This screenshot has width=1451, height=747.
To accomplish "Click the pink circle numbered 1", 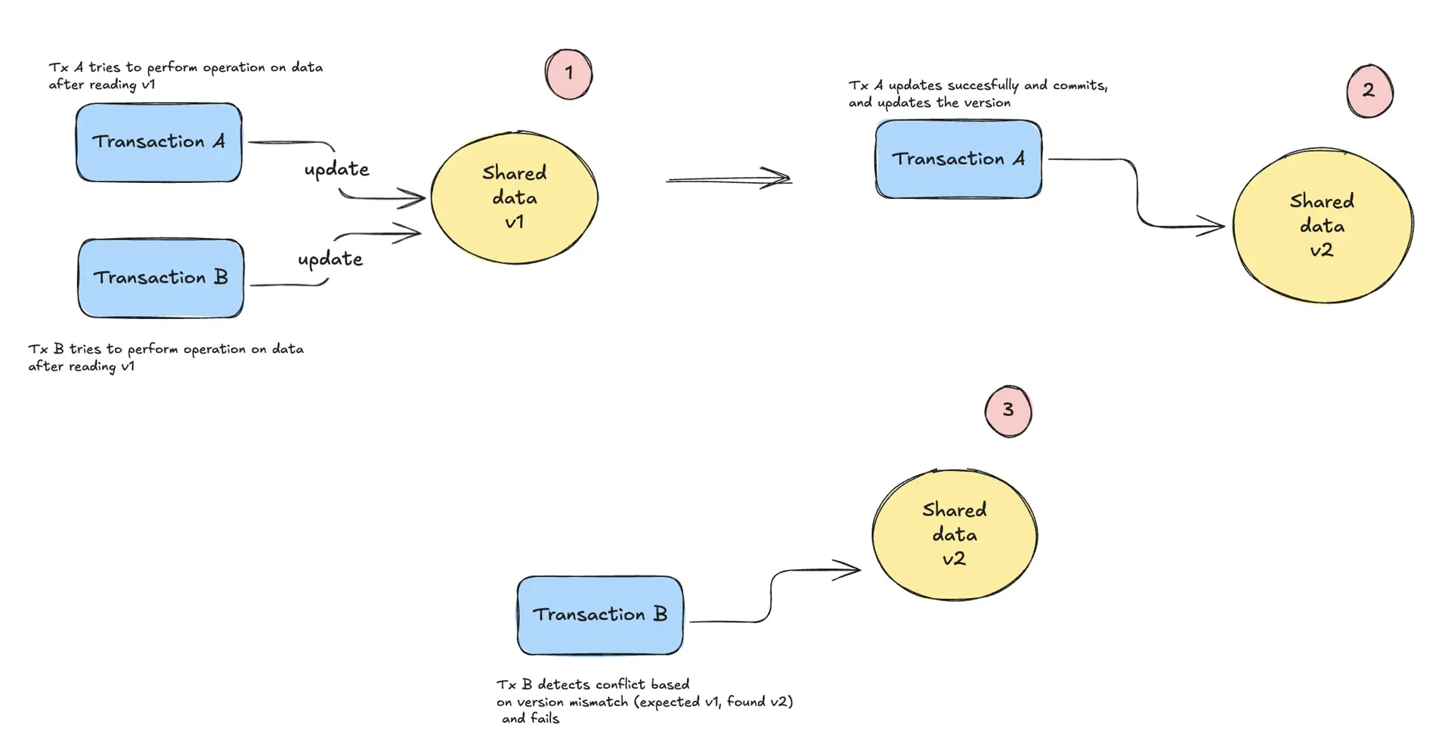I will [568, 74].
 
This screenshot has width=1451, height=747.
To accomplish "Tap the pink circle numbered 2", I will [1369, 91].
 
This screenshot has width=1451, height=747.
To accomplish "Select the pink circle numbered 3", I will [1008, 411].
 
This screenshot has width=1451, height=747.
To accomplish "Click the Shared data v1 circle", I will [515, 198].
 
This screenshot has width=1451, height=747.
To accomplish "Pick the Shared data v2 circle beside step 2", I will [1322, 225].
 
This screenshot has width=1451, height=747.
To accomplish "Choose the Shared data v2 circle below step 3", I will [954, 535].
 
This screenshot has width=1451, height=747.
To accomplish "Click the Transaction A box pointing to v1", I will [159, 142].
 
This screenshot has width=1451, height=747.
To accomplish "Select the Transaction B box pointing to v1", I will [160, 278].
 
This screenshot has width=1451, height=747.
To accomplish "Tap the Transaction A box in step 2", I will [958, 159].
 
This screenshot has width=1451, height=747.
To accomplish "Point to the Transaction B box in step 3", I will [600, 615].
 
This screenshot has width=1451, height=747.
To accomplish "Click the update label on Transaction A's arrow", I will [336, 169].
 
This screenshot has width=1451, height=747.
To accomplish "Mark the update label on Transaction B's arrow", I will [330, 259].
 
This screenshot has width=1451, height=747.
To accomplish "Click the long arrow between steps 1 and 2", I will [729, 179].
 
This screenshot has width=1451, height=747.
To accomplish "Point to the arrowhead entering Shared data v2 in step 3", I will [849, 569].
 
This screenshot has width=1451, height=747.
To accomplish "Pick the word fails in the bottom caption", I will [544, 719].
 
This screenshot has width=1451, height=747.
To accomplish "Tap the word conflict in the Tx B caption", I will [620, 685].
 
